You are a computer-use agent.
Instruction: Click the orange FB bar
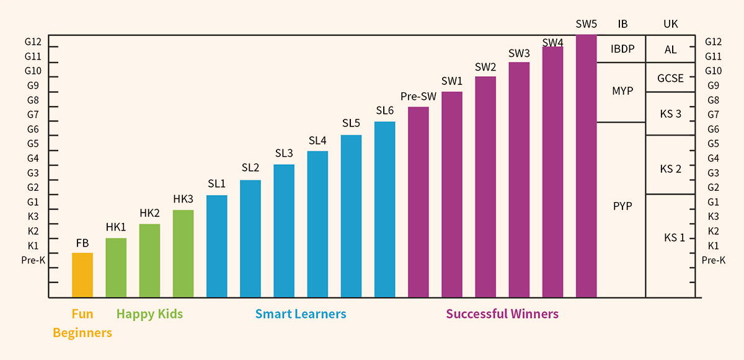click(x=82, y=275)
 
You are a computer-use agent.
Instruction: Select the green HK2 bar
click(x=149, y=260)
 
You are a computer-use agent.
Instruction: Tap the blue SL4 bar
click(x=317, y=224)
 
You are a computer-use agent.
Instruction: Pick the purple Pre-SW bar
click(x=418, y=202)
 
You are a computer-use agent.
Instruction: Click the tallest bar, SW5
click(x=586, y=166)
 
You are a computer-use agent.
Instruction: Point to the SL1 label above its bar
click(x=217, y=184)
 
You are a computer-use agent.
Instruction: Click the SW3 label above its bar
click(x=519, y=53)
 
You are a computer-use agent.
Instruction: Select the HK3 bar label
click(x=184, y=199)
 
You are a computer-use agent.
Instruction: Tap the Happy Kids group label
click(x=150, y=314)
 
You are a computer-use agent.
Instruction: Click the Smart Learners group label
click(x=301, y=314)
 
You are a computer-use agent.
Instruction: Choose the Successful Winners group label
click(x=502, y=314)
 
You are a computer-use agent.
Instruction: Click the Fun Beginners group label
click(x=82, y=323)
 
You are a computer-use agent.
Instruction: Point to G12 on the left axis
click(x=33, y=42)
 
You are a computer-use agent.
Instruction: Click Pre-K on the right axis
click(x=714, y=260)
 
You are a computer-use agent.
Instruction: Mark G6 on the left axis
click(x=33, y=129)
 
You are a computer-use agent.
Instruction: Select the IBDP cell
click(x=622, y=49)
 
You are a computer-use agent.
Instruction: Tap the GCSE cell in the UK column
click(x=670, y=78)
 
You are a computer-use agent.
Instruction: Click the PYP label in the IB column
click(x=622, y=206)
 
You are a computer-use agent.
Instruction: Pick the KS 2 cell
click(x=670, y=169)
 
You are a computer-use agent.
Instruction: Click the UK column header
click(x=670, y=24)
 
